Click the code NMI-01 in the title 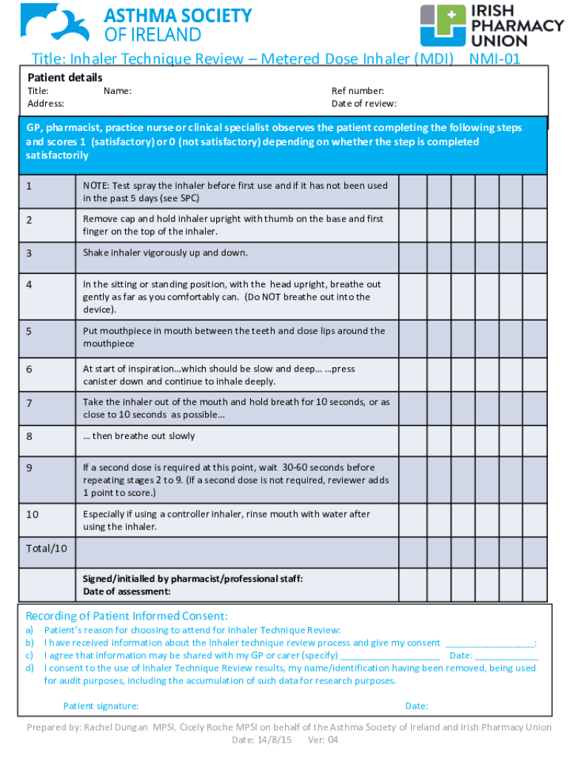(x=493, y=59)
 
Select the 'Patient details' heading (x=65, y=78)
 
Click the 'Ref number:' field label (x=358, y=91)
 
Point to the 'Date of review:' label (x=364, y=104)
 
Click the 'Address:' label (x=46, y=104)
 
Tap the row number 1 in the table (x=29, y=186)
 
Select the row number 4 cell (x=29, y=284)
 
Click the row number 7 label (x=29, y=403)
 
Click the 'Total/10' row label (x=47, y=549)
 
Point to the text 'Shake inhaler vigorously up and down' (x=165, y=253)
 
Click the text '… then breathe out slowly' (x=139, y=436)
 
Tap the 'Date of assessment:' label (x=127, y=591)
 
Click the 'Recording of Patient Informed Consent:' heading (x=127, y=617)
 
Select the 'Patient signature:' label (x=101, y=706)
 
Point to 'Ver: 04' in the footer (x=323, y=740)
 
